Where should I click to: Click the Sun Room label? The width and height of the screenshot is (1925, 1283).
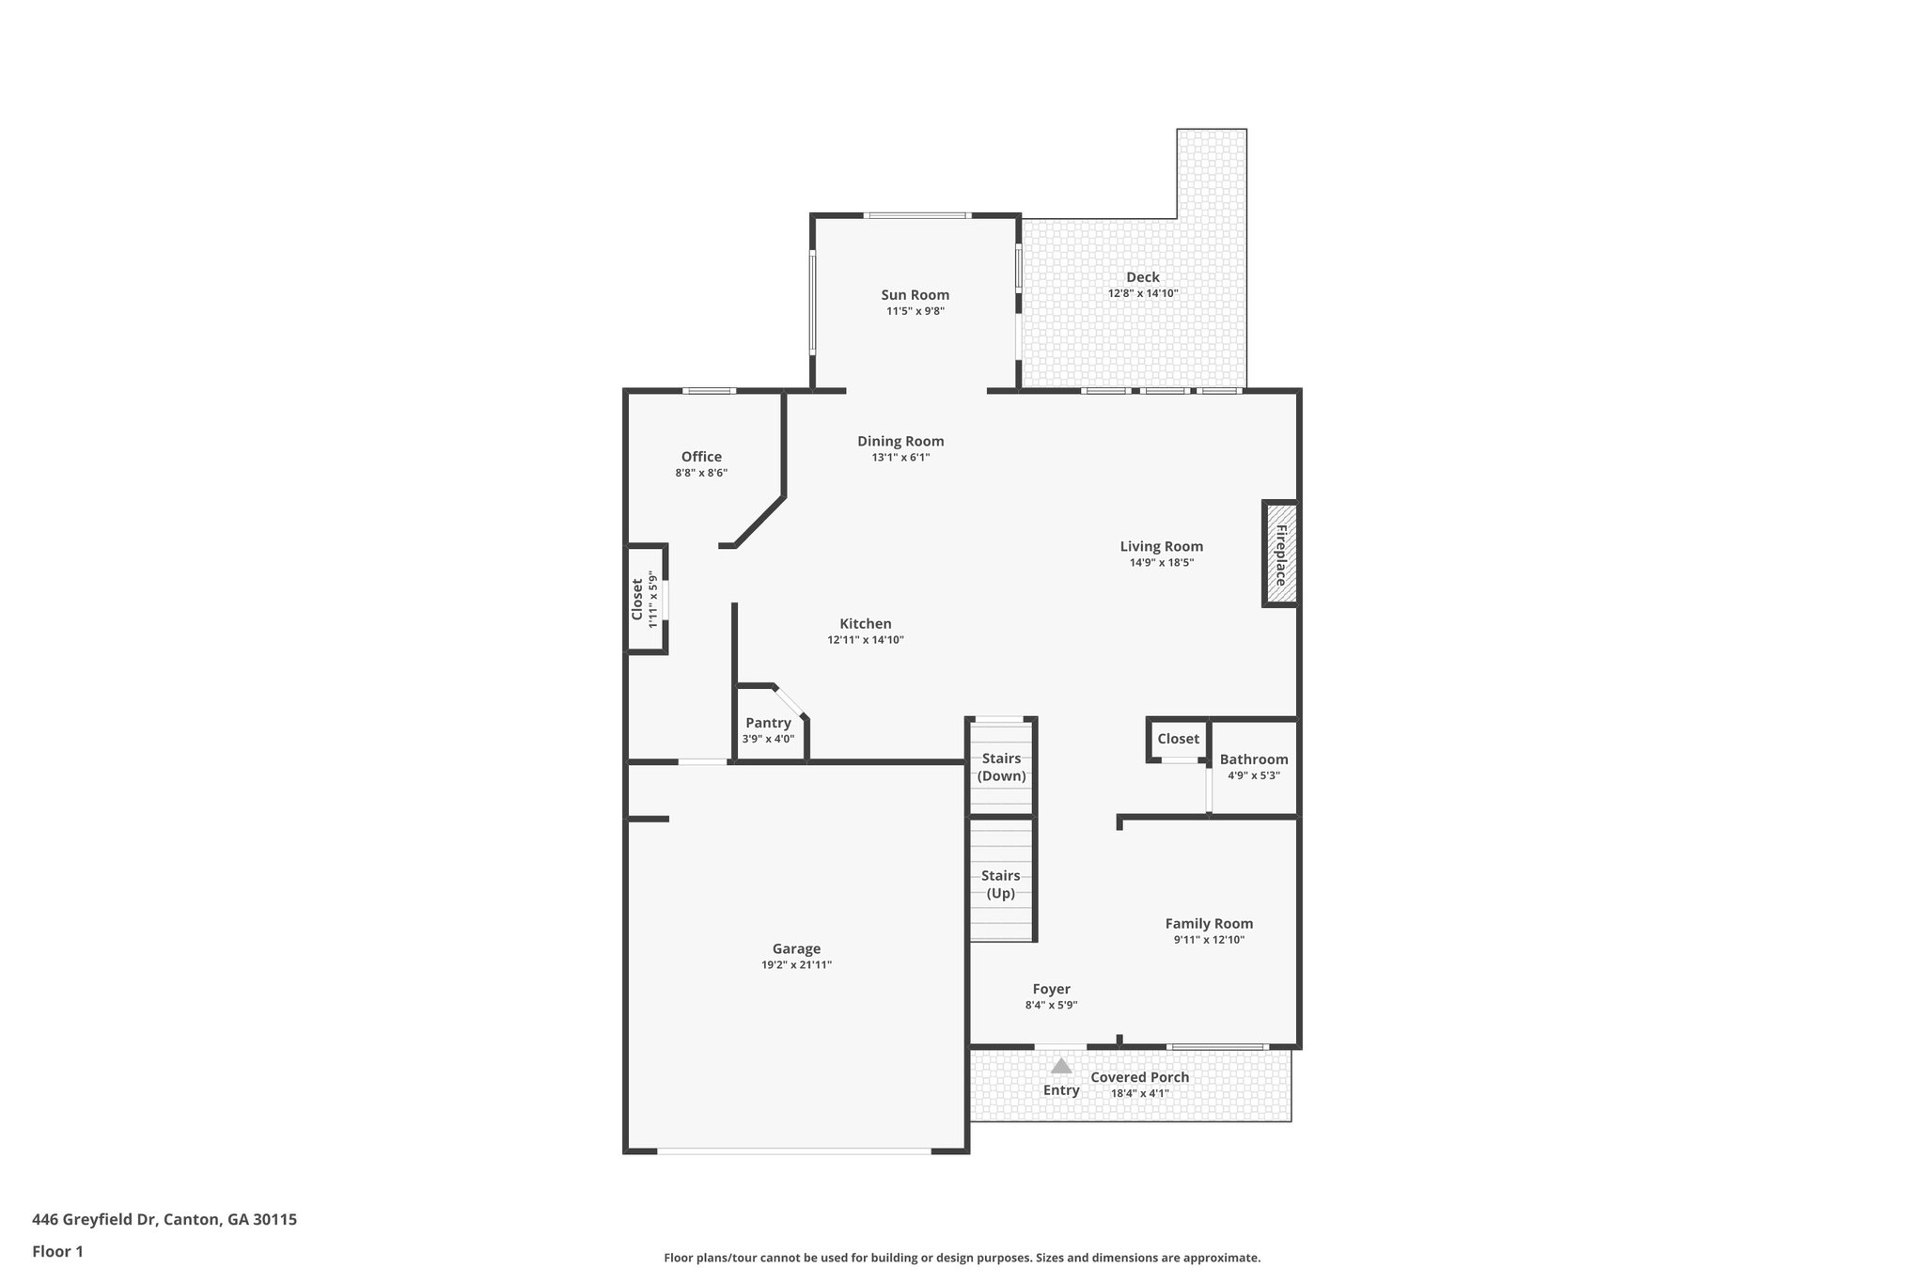[915, 295]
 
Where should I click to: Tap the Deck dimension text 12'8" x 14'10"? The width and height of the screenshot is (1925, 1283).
[1143, 293]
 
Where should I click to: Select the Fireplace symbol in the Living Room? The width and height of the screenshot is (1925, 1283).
[1280, 554]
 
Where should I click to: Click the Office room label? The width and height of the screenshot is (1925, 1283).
[701, 457]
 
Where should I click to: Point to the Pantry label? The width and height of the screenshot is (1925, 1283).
[768, 723]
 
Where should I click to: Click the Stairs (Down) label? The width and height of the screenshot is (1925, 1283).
[1001, 767]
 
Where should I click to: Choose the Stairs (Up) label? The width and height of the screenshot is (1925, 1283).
[1000, 884]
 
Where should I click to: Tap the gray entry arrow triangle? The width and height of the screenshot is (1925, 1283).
[1061, 1066]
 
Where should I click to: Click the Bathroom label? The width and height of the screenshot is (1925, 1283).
[1254, 759]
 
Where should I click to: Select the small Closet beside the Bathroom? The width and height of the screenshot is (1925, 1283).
[1178, 739]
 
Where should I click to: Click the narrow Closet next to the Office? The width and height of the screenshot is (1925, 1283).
[637, 599]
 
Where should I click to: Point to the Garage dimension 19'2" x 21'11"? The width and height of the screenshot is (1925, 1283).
[796, 965]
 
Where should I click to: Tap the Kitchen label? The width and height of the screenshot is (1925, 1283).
[865, 623]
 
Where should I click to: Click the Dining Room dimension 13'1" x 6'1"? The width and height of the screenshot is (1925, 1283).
[900, 458]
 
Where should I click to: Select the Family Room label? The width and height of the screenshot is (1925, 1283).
[1209, 923]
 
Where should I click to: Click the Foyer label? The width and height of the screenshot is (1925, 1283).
[1051, 989]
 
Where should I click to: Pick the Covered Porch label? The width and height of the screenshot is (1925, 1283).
[1139, 1077]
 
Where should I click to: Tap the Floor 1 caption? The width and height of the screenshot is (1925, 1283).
[57, 1251]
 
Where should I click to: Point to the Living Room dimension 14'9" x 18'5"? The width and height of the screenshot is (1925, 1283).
[1162, 563]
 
